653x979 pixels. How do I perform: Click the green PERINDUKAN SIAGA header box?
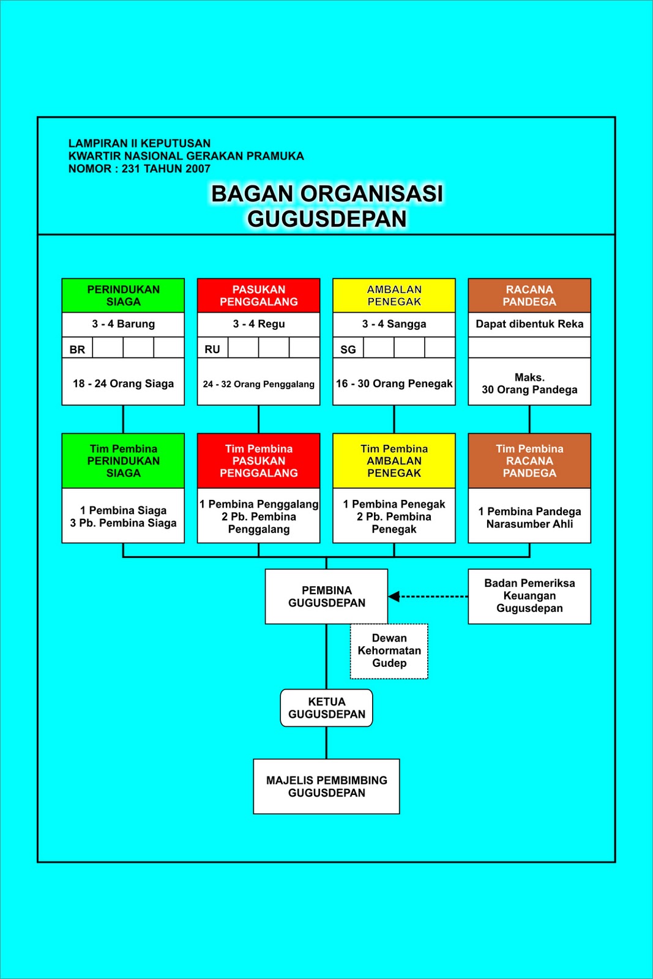123,296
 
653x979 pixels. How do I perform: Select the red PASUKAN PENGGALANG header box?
258,296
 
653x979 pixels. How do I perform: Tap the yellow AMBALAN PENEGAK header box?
394,296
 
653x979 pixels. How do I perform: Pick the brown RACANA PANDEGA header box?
529,296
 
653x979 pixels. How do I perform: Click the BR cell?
77,349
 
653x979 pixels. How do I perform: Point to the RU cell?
212,349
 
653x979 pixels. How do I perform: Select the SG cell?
348,349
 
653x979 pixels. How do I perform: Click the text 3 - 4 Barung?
123,324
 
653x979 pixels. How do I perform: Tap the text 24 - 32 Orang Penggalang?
258,384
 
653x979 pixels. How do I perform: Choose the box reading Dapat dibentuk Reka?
529,324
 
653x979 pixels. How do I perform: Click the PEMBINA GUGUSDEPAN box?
326,597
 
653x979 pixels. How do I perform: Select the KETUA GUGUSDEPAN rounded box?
326,708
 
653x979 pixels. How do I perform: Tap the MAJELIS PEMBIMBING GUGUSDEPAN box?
326,786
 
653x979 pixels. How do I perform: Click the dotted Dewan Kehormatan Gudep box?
389,650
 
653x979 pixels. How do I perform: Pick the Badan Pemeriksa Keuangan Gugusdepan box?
529,596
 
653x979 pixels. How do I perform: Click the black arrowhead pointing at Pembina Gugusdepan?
394,597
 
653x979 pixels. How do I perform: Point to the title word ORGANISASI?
371,193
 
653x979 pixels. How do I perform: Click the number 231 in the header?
131,169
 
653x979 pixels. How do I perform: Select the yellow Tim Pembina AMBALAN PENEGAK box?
394,461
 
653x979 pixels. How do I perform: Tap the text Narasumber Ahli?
529,524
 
